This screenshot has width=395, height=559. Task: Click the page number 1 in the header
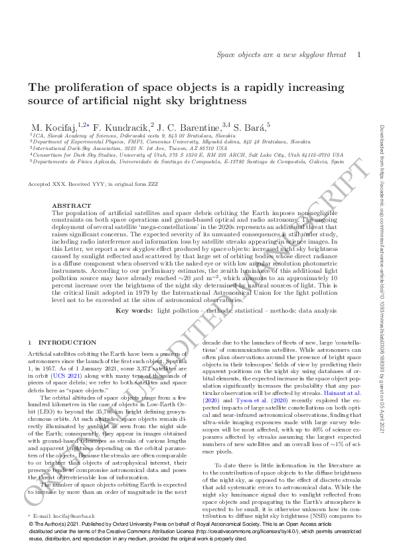358,56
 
